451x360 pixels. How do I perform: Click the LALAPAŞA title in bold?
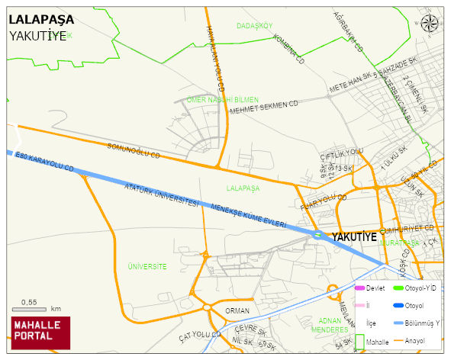click(41, 19)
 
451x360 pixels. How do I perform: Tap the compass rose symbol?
click(430, 24)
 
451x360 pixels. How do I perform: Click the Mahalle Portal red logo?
click(40, 333)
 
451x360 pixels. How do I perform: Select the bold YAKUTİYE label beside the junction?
click(354, 237)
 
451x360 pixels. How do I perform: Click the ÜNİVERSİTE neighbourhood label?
click(147, 266)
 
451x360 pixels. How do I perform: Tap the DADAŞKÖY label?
click(254, 26)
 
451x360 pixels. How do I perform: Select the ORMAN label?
click(237, 310)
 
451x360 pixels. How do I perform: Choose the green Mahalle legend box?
click(360, 342)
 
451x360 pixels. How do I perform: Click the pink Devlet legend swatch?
click(360, 288)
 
